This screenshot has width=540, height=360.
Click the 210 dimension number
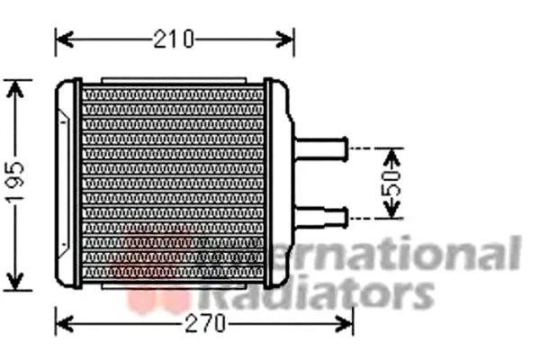click(174, 39)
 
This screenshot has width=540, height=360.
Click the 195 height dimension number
click(16, 181)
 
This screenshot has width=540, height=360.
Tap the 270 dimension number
click(205, 324)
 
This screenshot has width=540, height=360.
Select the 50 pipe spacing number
click(391, 183)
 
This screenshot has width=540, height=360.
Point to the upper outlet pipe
click(321, 149)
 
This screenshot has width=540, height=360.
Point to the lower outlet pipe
click(321, 218)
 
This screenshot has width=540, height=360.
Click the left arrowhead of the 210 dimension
click(65, 40)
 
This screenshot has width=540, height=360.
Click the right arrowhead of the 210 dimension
click(284, 40)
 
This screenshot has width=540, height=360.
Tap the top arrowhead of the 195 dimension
click(15, 89)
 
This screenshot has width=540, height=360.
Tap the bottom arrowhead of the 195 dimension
click(15, 282)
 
